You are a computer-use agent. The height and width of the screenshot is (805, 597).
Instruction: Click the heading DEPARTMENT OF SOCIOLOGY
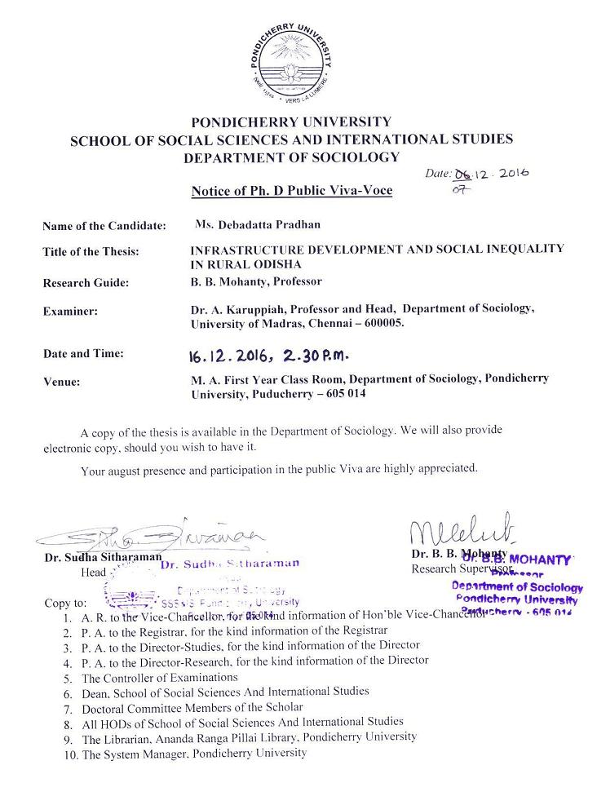291,157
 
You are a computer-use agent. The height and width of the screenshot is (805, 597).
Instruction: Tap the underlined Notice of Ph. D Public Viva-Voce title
291,191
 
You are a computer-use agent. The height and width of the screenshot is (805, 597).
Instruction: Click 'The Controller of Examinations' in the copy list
160,678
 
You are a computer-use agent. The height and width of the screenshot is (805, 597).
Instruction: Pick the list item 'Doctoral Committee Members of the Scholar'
192,707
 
